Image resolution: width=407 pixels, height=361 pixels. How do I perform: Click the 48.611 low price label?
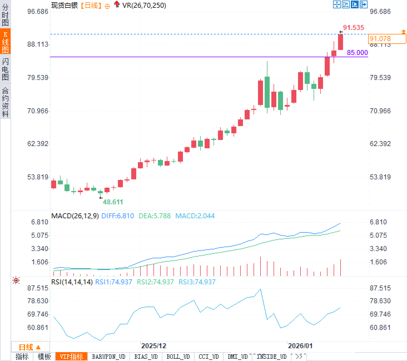tap(113, 202)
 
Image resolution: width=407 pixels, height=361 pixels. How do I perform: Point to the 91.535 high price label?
tap(353, 27)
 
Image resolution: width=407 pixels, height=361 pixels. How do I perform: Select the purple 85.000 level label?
tap(357, 52)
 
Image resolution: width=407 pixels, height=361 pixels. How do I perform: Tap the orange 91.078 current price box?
tap(387, 39)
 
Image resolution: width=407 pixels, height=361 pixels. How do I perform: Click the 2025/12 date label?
tap(153, 346)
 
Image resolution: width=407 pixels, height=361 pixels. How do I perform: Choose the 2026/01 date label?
tap(300, 346)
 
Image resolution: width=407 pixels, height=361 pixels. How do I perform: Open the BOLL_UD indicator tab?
tap(178, 357)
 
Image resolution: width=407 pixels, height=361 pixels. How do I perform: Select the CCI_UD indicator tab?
tap(209, 357)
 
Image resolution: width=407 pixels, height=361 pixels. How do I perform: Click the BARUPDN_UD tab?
tap(109, 357)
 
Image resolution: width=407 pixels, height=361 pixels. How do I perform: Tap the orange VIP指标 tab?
tap(71, 357)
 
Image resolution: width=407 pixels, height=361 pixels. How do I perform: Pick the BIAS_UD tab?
tap(146, 357)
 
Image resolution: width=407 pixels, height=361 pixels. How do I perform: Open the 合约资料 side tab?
tap(5, 102)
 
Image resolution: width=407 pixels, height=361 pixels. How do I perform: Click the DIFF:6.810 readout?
tap(118, 216)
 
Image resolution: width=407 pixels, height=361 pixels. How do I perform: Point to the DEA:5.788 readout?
tap(155, 216)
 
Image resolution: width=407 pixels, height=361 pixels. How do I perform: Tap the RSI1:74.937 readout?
tap(114, 282)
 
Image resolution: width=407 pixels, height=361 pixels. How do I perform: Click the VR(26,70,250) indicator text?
tap(144, 5)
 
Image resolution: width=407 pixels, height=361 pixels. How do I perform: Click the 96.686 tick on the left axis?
tap(38, 11)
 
